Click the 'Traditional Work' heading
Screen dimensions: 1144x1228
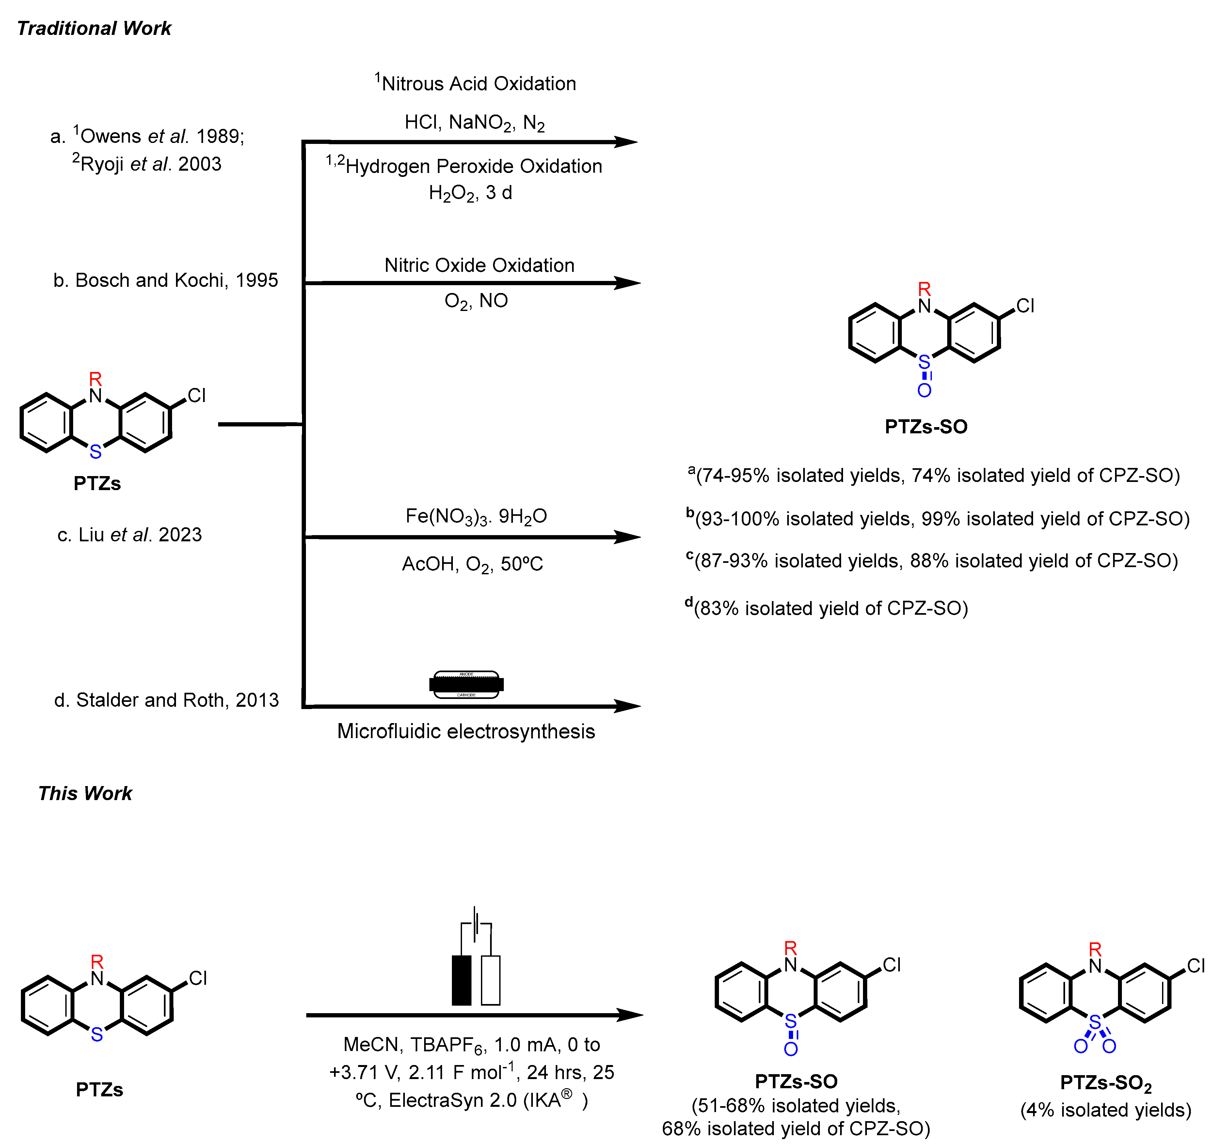pyautogui.click(x=94, y=28)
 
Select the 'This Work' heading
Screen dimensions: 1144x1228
pyautogui.click(x=85, y=793)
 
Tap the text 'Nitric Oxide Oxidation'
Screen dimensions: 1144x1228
pyautogui.click(x=479, y=266)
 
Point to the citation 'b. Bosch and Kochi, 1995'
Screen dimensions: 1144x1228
pyautogui.click(x=166, y=280)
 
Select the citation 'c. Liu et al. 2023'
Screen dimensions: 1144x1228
pyautogui.click(x=130, y=535)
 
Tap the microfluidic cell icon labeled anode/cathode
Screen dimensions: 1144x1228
pyautogui.click(x=466, y=684)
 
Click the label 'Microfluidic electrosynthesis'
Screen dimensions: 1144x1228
pyautogui.click(x=466, y=732)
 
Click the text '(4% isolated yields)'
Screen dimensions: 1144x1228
pyautogui.click(x=1106, y=1110)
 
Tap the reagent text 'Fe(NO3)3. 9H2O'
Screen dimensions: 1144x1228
pyautogui.click(x=476, y=516)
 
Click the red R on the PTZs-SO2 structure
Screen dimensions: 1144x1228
pyautogui.click(x=1095, y=949)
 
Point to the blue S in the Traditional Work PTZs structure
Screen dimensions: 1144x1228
pyautogui.click(x=96, y=452)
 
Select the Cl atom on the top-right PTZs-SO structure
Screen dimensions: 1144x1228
pyautogui.click(x=1025, y=306)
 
